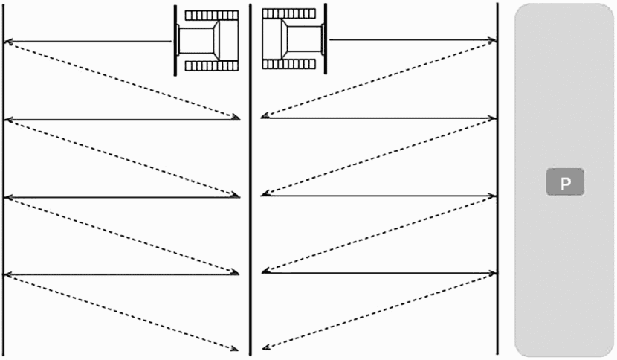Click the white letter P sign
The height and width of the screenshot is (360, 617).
(565, 182)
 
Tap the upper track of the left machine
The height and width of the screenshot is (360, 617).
(212, 16)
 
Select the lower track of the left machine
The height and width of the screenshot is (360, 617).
(212, 65)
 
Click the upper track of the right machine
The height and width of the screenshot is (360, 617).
(289, 14)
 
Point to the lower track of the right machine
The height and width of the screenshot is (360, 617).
(289, 64)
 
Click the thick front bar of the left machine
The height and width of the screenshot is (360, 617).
(175, 41)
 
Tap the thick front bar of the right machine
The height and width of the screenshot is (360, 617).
(326, 39)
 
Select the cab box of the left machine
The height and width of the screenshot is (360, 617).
(228, 40)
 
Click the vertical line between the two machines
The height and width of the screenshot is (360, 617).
(251, 179)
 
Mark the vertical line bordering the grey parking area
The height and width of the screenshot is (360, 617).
(497, 179)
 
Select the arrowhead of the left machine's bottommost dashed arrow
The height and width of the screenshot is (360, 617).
(234, 348)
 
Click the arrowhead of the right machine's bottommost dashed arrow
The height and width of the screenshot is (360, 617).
(266, 347)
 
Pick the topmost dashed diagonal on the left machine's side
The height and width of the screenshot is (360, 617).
(122, 80)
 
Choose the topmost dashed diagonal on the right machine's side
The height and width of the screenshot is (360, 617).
(378, 79)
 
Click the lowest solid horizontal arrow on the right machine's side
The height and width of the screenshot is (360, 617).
(379, 272)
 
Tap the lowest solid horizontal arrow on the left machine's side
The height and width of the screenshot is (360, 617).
(121, 274)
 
